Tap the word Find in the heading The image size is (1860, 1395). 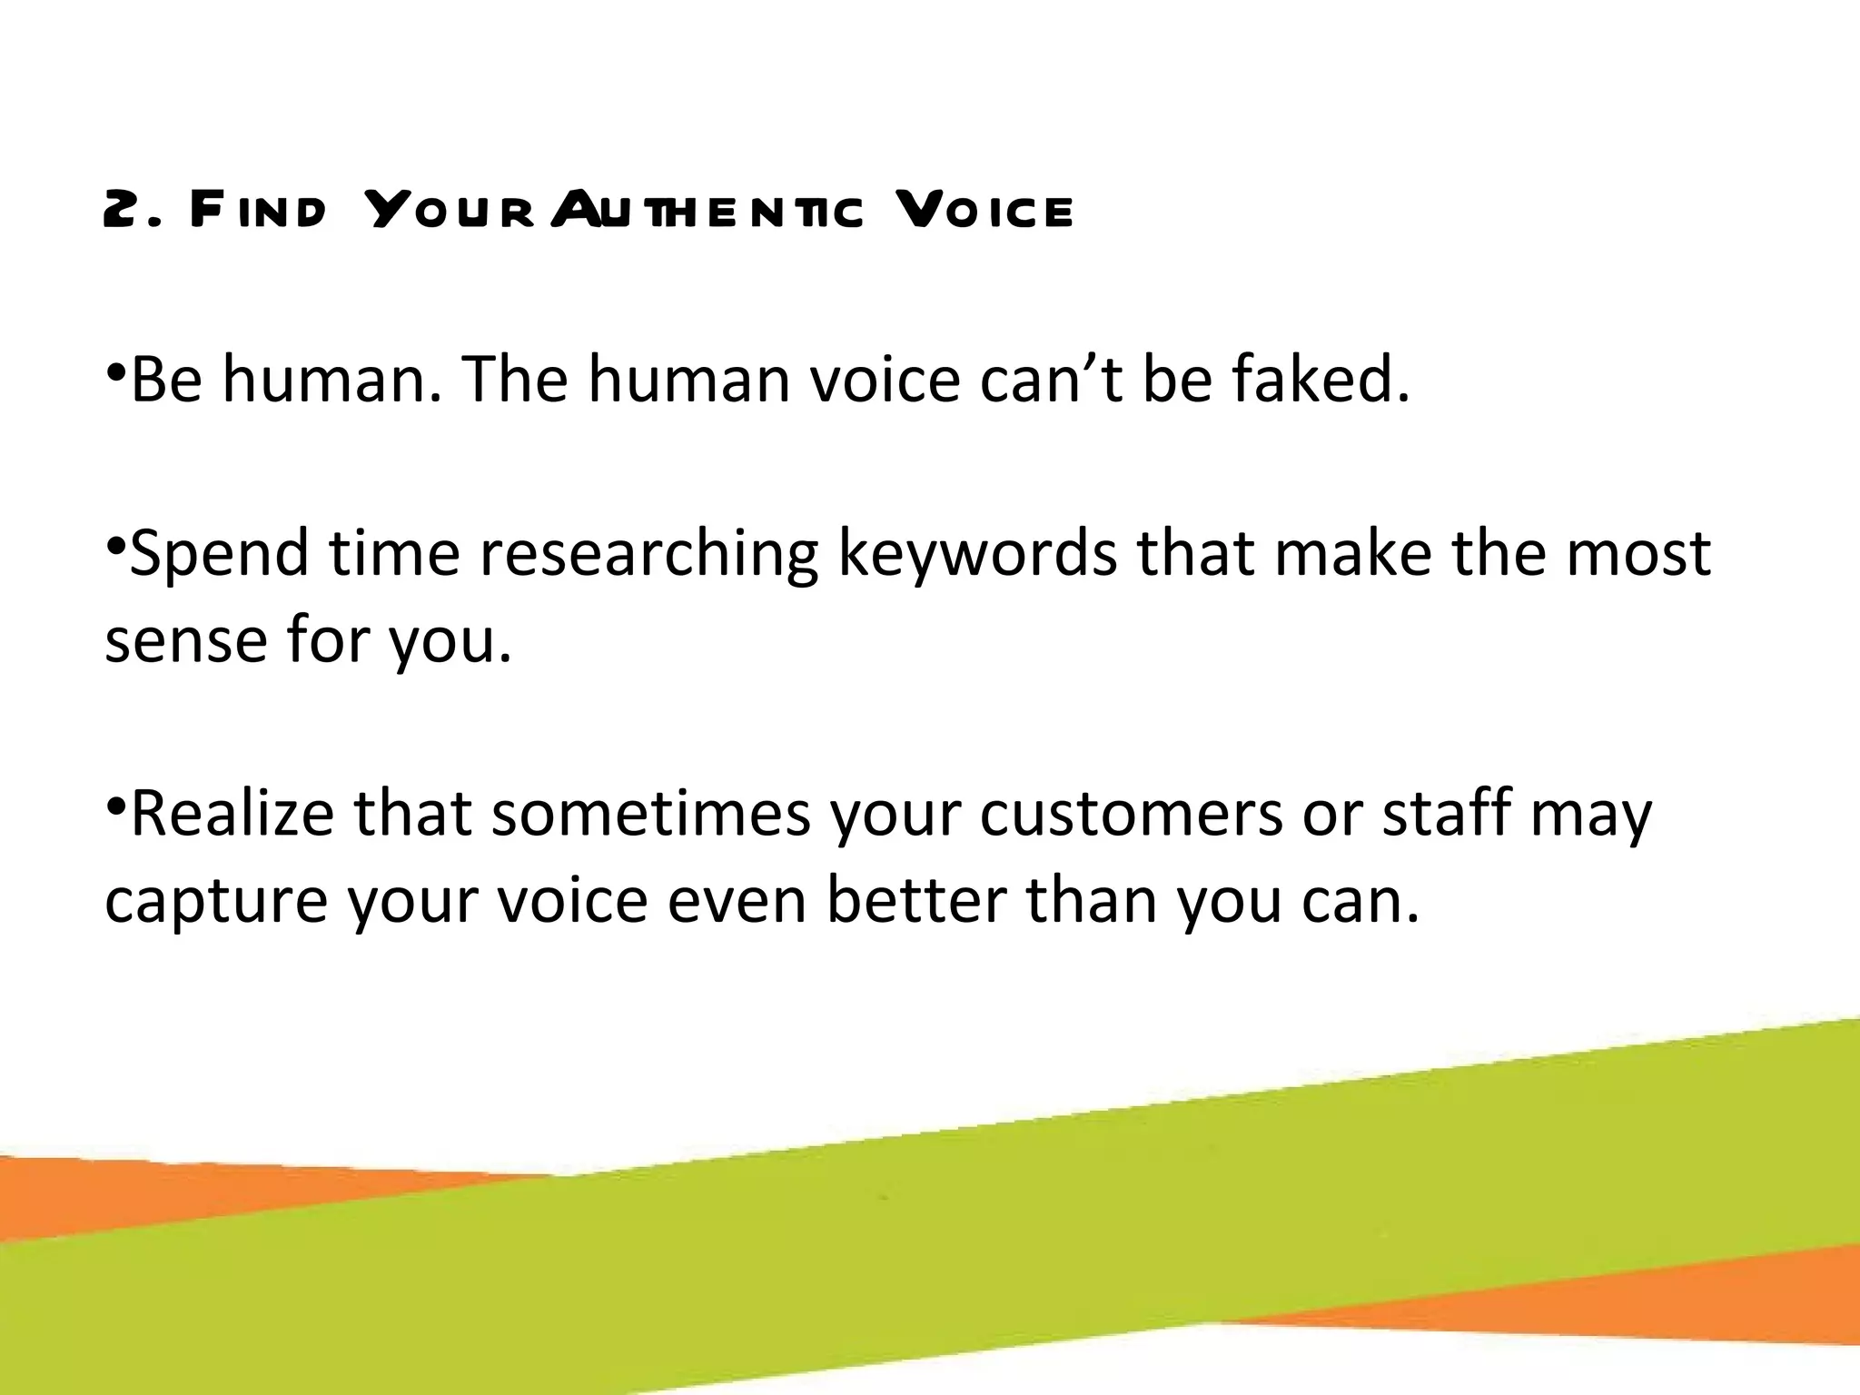pyautogui.click(x=258, y=211)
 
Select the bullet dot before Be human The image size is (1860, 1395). pyautogui.click(x=115, y=371)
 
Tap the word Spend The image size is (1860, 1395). pyautogui.click(x=219, y=554)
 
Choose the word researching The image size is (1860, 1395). pyautogui.click(x=648, y=554)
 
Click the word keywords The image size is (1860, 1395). pyautogui.click(x=977, y=554)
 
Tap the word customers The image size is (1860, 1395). pyautogui.click(x=1131, y=814)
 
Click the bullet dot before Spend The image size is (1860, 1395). pyautogui.click(x=115, y=546)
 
